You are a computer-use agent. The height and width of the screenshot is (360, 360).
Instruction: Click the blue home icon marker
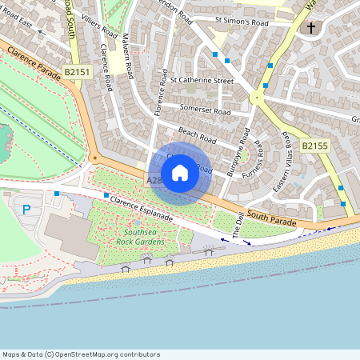(x=180, y=173)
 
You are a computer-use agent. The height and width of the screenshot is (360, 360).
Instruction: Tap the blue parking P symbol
(x=26, y=210)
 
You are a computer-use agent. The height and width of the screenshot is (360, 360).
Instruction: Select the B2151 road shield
(x=78, y=72)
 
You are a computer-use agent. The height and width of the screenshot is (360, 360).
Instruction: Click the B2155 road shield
(x=315, y=146)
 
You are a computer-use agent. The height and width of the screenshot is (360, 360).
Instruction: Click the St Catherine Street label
(x=202, y=81)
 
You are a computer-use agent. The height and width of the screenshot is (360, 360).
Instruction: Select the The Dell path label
(x=238, y=223)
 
